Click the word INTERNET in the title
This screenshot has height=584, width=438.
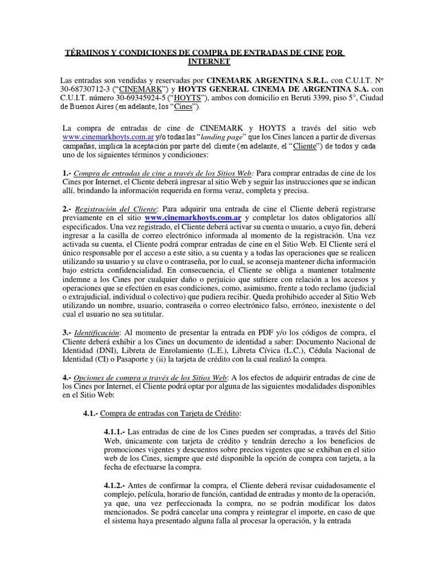pos(209,61)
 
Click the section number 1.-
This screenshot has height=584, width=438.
pos(67,173)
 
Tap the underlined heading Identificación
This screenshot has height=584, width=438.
pos(97,332)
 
